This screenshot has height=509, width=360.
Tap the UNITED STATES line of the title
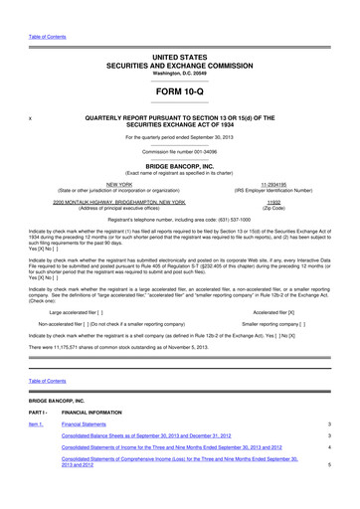pyautogui.click(x=180, y=59)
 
